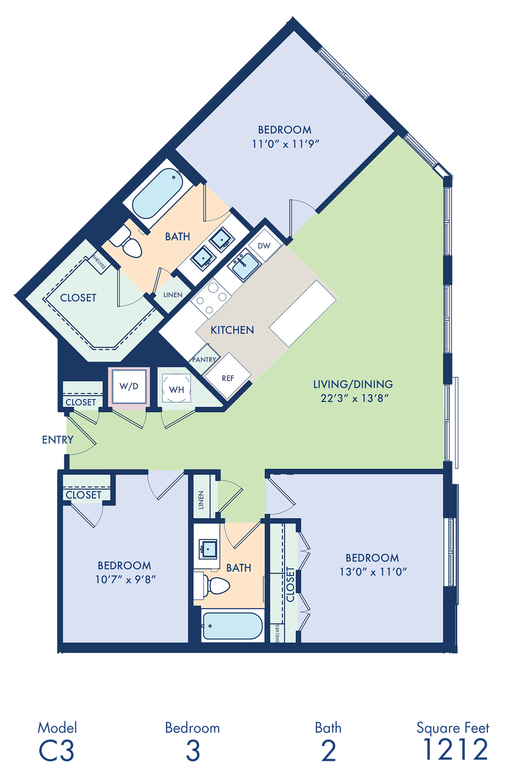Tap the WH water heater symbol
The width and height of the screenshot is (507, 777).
point(177,388)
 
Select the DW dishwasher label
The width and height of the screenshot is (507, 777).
point(264,246)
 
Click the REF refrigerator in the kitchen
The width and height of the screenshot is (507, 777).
point(227,376)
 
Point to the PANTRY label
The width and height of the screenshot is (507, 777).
point(204,360)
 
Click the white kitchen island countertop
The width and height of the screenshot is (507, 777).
point(303,314)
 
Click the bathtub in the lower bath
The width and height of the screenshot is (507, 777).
point(233,625)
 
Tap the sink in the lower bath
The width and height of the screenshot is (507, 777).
point(208,549)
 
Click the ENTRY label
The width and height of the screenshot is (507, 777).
point(58,440)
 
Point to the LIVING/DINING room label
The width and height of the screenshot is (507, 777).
point(353,384)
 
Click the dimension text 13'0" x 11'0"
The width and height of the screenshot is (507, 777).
point(373,571)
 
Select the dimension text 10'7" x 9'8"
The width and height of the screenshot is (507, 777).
point(125,579)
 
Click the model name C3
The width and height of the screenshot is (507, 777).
point(56,751)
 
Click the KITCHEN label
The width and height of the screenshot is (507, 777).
point(232,330)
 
